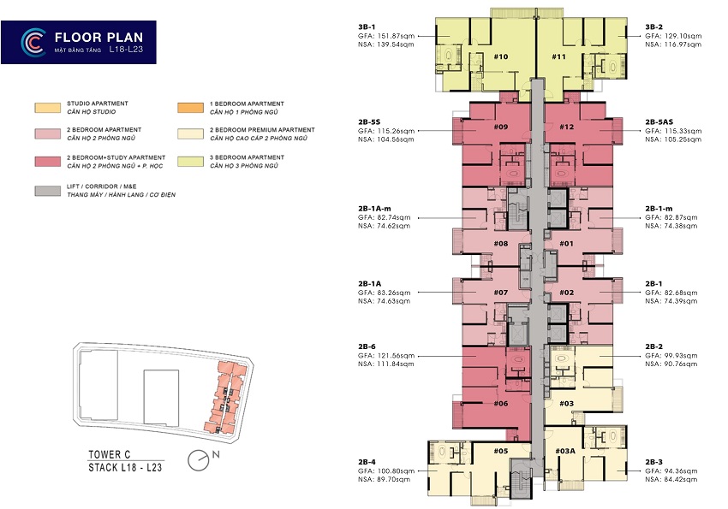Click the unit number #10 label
coord(500,56)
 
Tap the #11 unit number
coord(558,56)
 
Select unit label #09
coord(500,127)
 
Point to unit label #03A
coord(565,451)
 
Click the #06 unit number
coord(500,403)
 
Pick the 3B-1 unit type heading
coord(367,27)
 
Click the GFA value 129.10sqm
coord(682,36)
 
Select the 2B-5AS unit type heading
coord(659,122)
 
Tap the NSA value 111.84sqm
coord(394,364)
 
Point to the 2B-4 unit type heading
coord(367,462)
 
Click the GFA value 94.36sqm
coord(680,471)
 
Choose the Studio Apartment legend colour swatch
coord(47,108)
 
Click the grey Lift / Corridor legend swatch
coord(47,191)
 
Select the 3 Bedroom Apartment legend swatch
coord(190,162)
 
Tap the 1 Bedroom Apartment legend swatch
coord(190,108)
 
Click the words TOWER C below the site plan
coord(109,454)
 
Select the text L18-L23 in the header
coord(126,49)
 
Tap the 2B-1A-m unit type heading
coord(374,209)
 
